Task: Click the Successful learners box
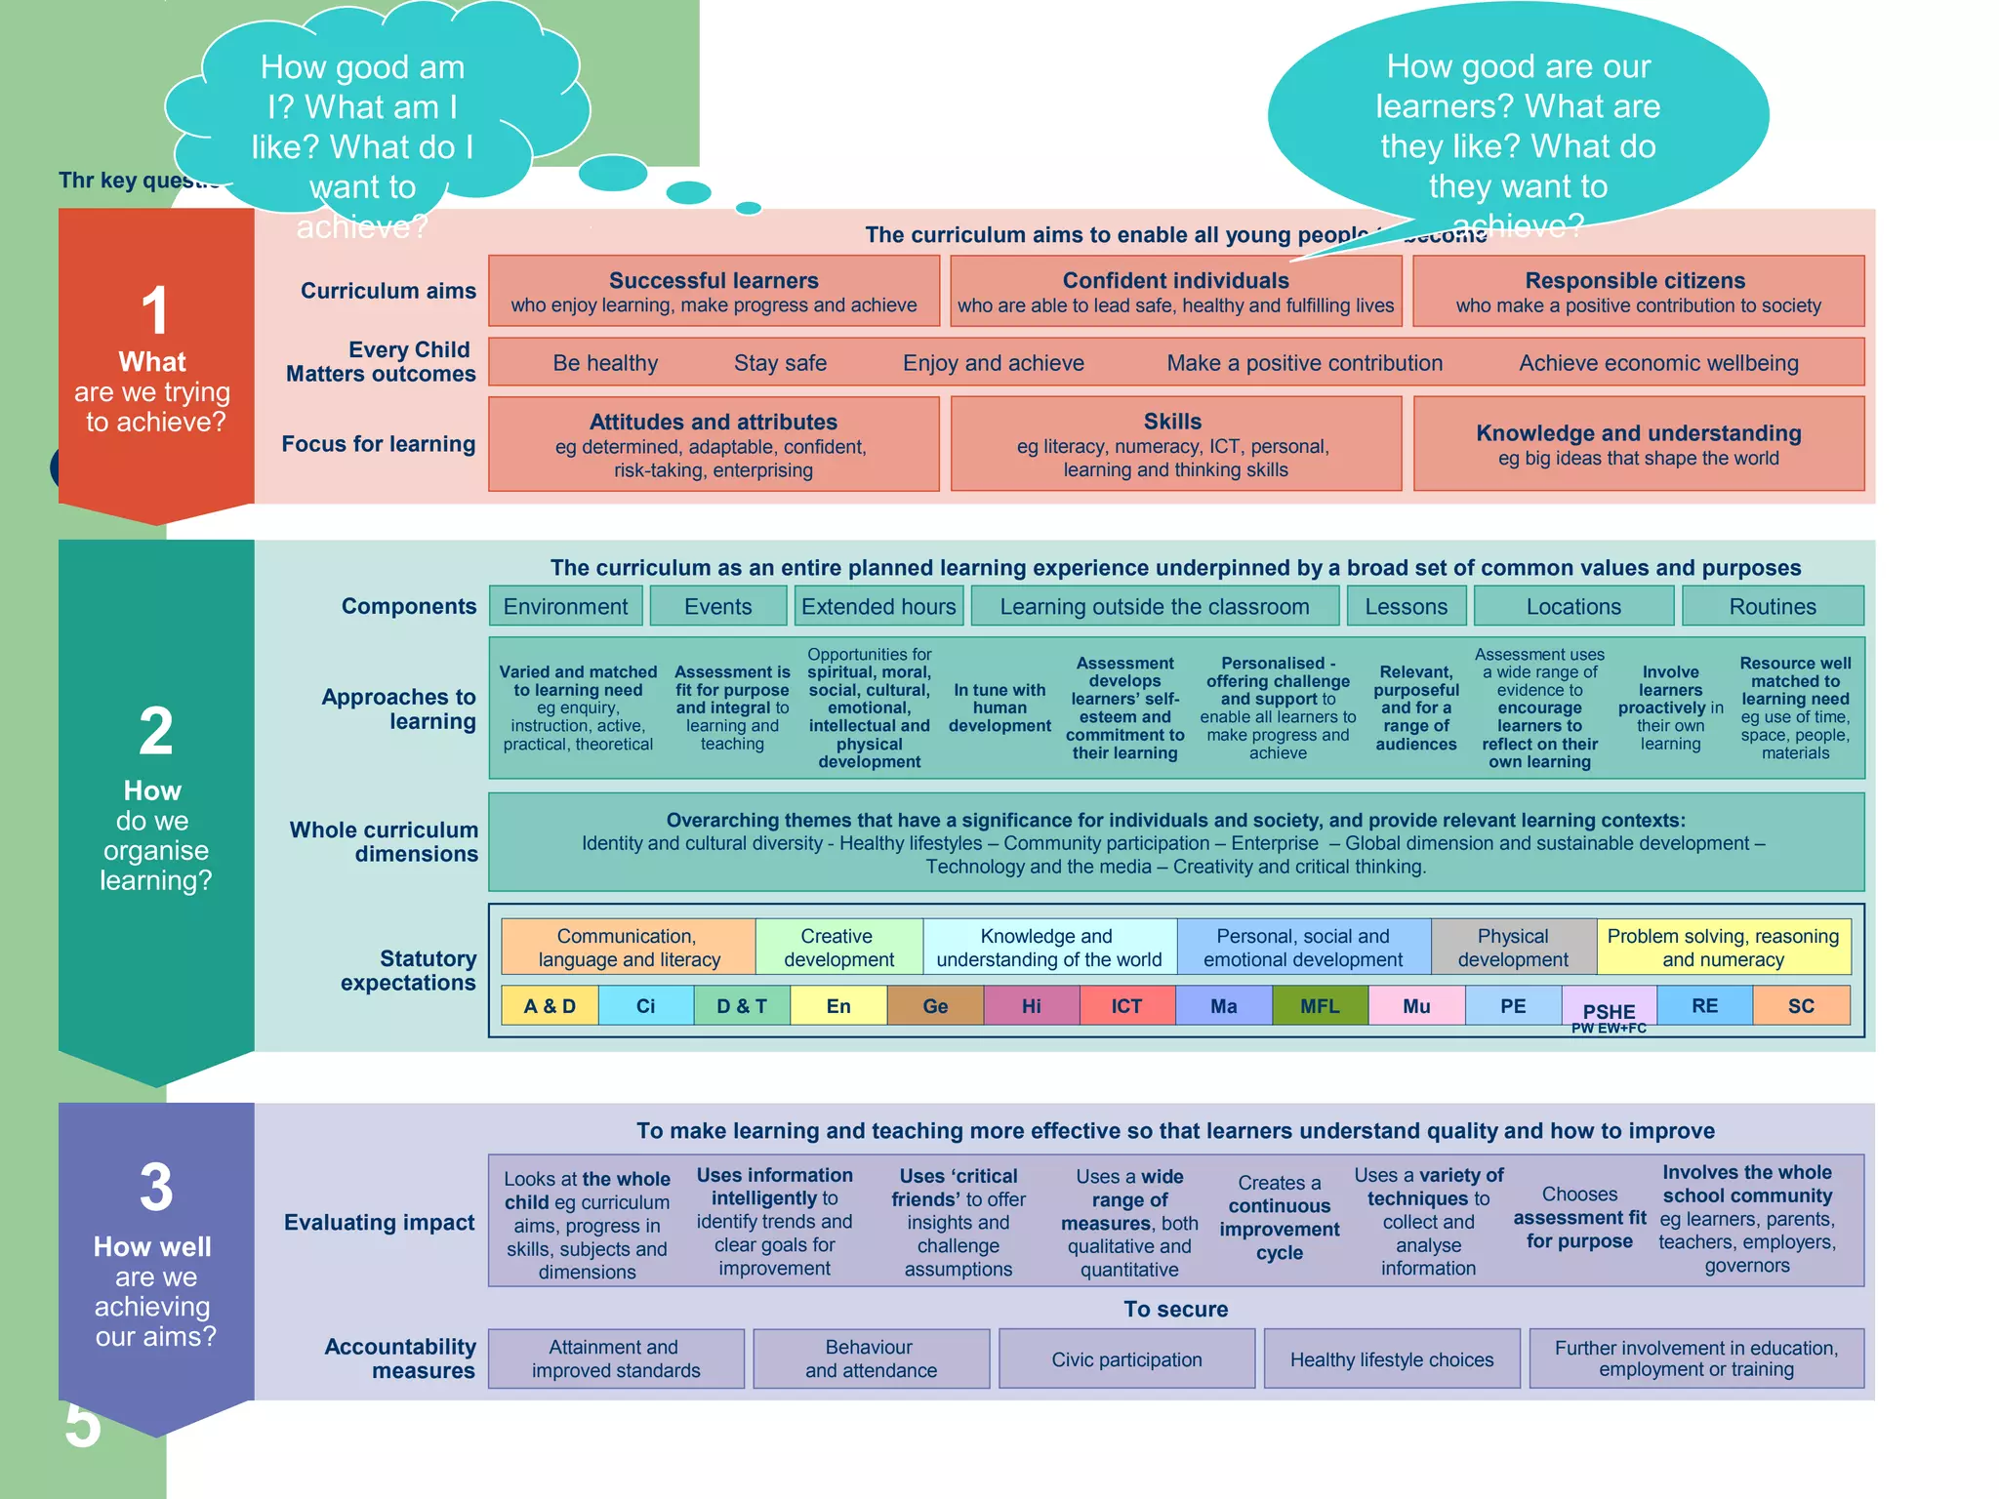(x=714, y=292)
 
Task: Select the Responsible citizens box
(x=1637, y=292)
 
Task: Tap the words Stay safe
(x=780, y=363)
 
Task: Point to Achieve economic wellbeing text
(x=1657, y=363)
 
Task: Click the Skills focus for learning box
(x=1175, y=444)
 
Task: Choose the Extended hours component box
(x=878, y=606)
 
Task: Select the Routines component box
(x=1772, y=606)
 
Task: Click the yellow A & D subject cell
(x=549, y=1006)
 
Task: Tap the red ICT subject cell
(x=1126, y=1006)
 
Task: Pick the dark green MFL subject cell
(x=1319, y=1006)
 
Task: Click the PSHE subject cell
(x=1608, y=1009)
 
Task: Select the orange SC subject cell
(x=1801, y=1006)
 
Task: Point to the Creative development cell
(x=838, y=947)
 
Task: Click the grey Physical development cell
(x=1513, y=947)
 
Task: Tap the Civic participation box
(x=1126, y=1359)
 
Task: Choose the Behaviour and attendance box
(x=870, y=1358)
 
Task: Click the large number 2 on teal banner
(x=156, y=732)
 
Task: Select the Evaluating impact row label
(x=379, y=1222)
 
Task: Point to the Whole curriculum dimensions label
(x=384, y=841)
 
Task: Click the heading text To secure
(x=1175, y=1309)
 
